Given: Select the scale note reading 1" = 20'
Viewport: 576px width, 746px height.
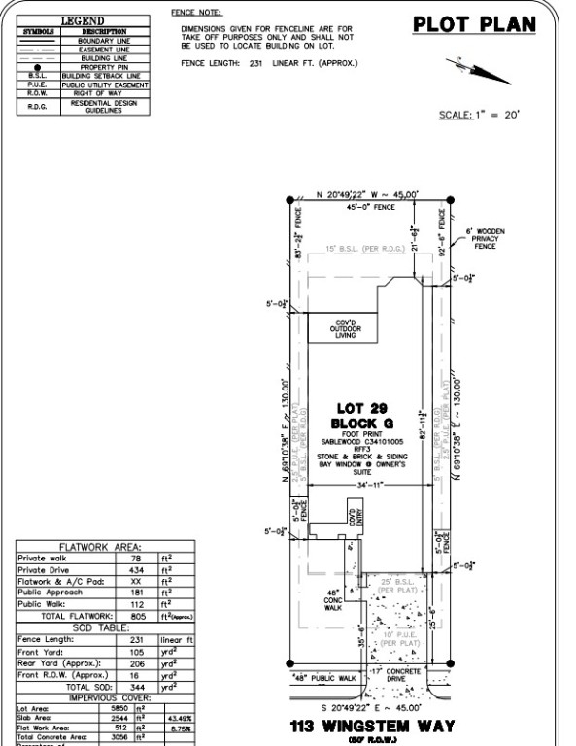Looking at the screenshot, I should [x=480, y=115].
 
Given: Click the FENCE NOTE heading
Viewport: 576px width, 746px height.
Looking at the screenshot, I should [x=196, y=13].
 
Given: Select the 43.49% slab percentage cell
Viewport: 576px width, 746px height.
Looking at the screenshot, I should [x=179, y=719].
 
